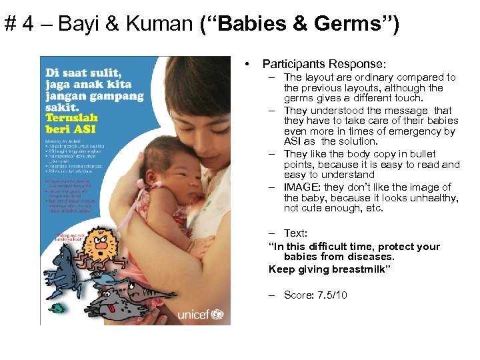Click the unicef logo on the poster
tap(202, 313)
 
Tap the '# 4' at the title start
tap(21, 25)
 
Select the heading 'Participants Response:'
tap(323, 64)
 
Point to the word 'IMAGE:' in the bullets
tap(304, 187)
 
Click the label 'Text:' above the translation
tap(295, 233)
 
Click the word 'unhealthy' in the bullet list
tap(434, 198)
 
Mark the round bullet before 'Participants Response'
tap(247, 64)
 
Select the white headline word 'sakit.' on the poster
tap(61, 108)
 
